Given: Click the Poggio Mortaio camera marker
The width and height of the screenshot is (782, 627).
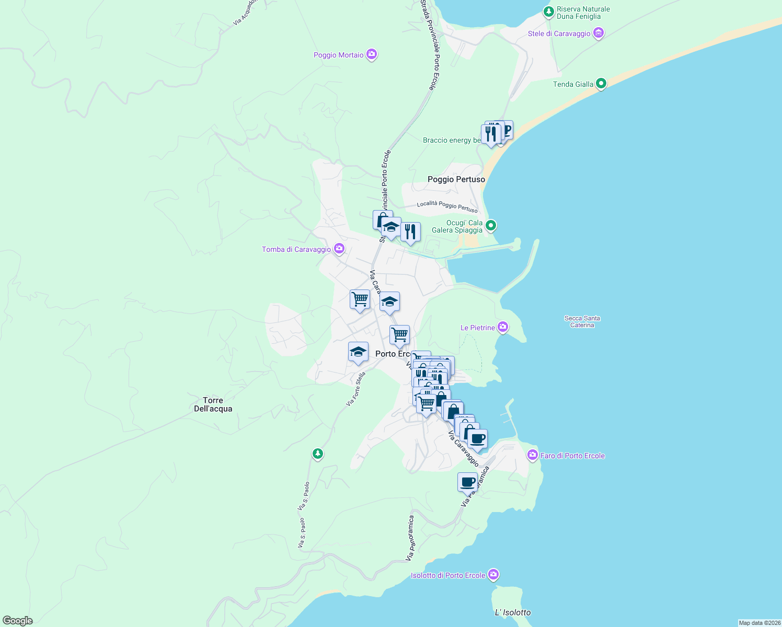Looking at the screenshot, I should point(372,54).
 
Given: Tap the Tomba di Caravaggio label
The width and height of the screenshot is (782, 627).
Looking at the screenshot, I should point(296,249).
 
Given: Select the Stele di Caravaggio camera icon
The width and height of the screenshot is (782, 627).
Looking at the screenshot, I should point(599,33).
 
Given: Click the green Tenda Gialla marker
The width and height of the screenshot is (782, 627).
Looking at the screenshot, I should point(601,83).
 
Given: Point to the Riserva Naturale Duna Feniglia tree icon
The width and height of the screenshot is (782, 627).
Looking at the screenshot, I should point(548,11).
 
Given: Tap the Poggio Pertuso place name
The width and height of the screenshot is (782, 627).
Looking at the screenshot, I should point(456,179).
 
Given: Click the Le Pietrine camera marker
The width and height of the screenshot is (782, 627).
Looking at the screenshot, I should point(503,327).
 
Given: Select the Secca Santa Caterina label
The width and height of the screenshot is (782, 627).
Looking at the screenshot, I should point(582,321).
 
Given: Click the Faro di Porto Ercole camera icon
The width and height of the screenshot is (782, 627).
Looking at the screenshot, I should point(533,455).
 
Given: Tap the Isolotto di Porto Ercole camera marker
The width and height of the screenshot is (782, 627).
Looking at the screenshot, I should point(493,575).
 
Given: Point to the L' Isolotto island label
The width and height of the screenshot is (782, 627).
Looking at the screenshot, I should point(512,612).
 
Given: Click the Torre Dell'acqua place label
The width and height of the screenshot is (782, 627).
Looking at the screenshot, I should point(213,404).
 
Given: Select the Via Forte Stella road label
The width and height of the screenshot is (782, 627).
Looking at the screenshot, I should point(355,389).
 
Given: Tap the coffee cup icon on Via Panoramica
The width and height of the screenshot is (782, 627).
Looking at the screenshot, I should point(467,482).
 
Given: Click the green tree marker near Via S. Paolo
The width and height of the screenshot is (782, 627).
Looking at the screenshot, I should point(317,453).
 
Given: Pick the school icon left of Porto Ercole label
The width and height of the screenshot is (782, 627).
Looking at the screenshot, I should point(358,352).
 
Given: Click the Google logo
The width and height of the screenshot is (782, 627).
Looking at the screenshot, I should point(17,621).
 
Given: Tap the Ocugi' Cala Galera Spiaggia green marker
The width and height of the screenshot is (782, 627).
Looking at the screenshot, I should point(490,226).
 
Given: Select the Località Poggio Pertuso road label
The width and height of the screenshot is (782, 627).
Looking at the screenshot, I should point(447,206).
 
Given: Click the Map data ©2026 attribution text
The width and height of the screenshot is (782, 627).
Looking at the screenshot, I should point(759,623).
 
